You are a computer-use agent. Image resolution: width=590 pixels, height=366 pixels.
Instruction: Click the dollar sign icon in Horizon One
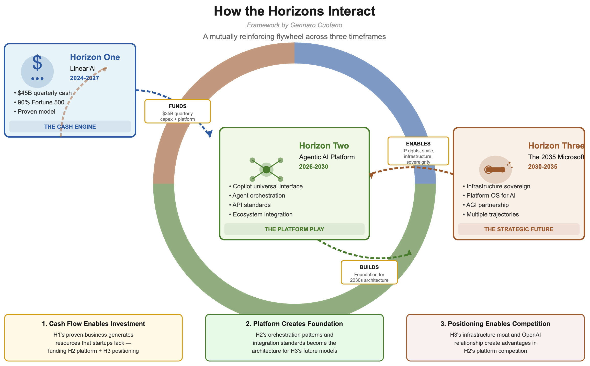coord(37,63)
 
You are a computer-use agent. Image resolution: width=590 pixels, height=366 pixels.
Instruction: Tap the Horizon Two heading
coord(324,145)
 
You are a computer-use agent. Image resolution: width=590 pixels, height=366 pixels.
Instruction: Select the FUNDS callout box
coord(177,112)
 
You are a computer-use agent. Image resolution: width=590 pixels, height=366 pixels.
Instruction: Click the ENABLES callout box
coord(418,151)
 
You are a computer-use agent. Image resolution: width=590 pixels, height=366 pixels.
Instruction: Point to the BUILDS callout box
coord(369,272)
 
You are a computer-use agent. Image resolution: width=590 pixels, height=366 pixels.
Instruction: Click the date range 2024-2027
coord(84,78)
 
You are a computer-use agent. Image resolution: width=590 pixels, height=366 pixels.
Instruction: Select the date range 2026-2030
coord(313,167)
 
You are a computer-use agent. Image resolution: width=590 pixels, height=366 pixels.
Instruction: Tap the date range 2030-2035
coord(542,167)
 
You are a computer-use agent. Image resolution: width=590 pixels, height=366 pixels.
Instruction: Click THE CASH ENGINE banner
coord(70,127)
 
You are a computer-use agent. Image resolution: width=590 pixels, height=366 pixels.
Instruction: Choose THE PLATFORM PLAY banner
coord(294,229)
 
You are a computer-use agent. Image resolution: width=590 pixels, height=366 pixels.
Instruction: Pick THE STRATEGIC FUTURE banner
coord(519,229)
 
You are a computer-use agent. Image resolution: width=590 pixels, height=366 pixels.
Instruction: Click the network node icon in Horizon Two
coord(266,169)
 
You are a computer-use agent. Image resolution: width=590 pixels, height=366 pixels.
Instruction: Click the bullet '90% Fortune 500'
coord(41,102)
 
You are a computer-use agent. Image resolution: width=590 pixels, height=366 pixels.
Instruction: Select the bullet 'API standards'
coord(251,205)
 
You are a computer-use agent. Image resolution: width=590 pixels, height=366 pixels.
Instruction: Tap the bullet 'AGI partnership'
coord(487,205)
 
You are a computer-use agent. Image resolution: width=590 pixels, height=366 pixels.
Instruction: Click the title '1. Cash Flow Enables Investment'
coord(93,324)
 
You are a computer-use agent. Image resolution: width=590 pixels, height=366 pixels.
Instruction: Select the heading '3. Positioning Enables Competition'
coord(495,324)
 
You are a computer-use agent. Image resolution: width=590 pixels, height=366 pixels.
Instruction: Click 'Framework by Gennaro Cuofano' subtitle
coord(294,25)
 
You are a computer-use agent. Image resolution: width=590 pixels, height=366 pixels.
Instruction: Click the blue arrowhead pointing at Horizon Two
coord(210,133)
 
